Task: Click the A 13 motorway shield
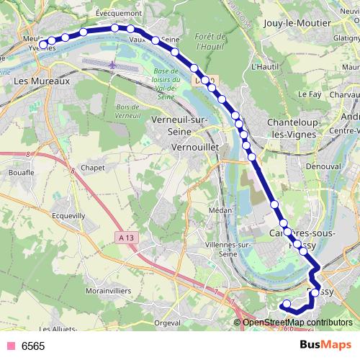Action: [128, 238]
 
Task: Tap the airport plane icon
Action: [113, 66]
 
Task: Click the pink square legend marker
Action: [11, 346]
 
